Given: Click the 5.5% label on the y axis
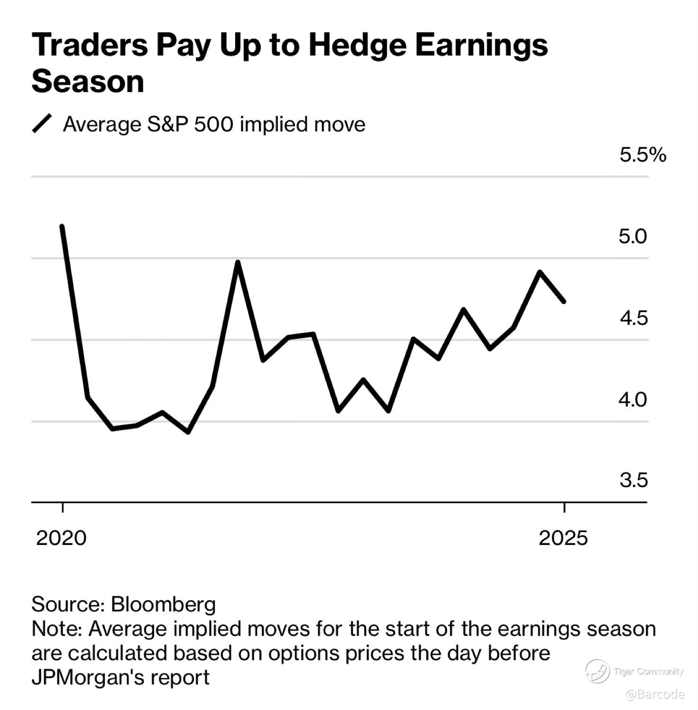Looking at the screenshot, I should click(x=643, y=155).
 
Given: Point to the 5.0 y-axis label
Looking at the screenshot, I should click(x=633, y=236).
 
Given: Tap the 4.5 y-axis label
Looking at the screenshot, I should click(x=634, y=318).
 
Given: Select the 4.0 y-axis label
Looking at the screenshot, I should click(x=633, y=400).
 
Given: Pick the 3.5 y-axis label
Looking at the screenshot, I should click(x=634, y=480).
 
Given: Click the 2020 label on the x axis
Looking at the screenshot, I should click(x=61, y=538).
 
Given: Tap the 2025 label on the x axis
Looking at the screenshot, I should click(x=563, y=538).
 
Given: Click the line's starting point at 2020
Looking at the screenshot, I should click(x=62, y=226).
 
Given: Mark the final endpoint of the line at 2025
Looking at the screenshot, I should click(x=564, y=302).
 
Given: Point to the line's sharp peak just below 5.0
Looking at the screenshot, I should click(x=238, y=262).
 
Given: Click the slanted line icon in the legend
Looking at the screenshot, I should click(x=42, y=124).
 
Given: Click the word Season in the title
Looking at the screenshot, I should click(x=88, y=82).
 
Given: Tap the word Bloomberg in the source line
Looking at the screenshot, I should click(x=163, y=605).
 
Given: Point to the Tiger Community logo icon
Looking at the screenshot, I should click(x=597, y=671).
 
